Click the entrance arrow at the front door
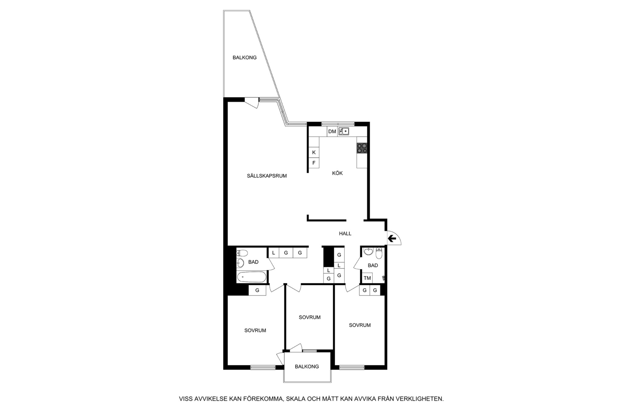392,239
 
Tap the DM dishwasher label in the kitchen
332,132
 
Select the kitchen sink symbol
344,132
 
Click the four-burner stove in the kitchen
362,148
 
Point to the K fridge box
314,152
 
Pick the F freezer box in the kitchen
314,163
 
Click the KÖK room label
337,173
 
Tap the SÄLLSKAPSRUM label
267,176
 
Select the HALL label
345,233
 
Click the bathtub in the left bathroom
251,277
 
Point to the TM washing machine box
367,278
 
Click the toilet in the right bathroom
379,253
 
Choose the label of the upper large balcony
245,57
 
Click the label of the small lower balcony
307,366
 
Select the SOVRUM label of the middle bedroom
310,317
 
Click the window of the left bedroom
263,367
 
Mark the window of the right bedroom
352,367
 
